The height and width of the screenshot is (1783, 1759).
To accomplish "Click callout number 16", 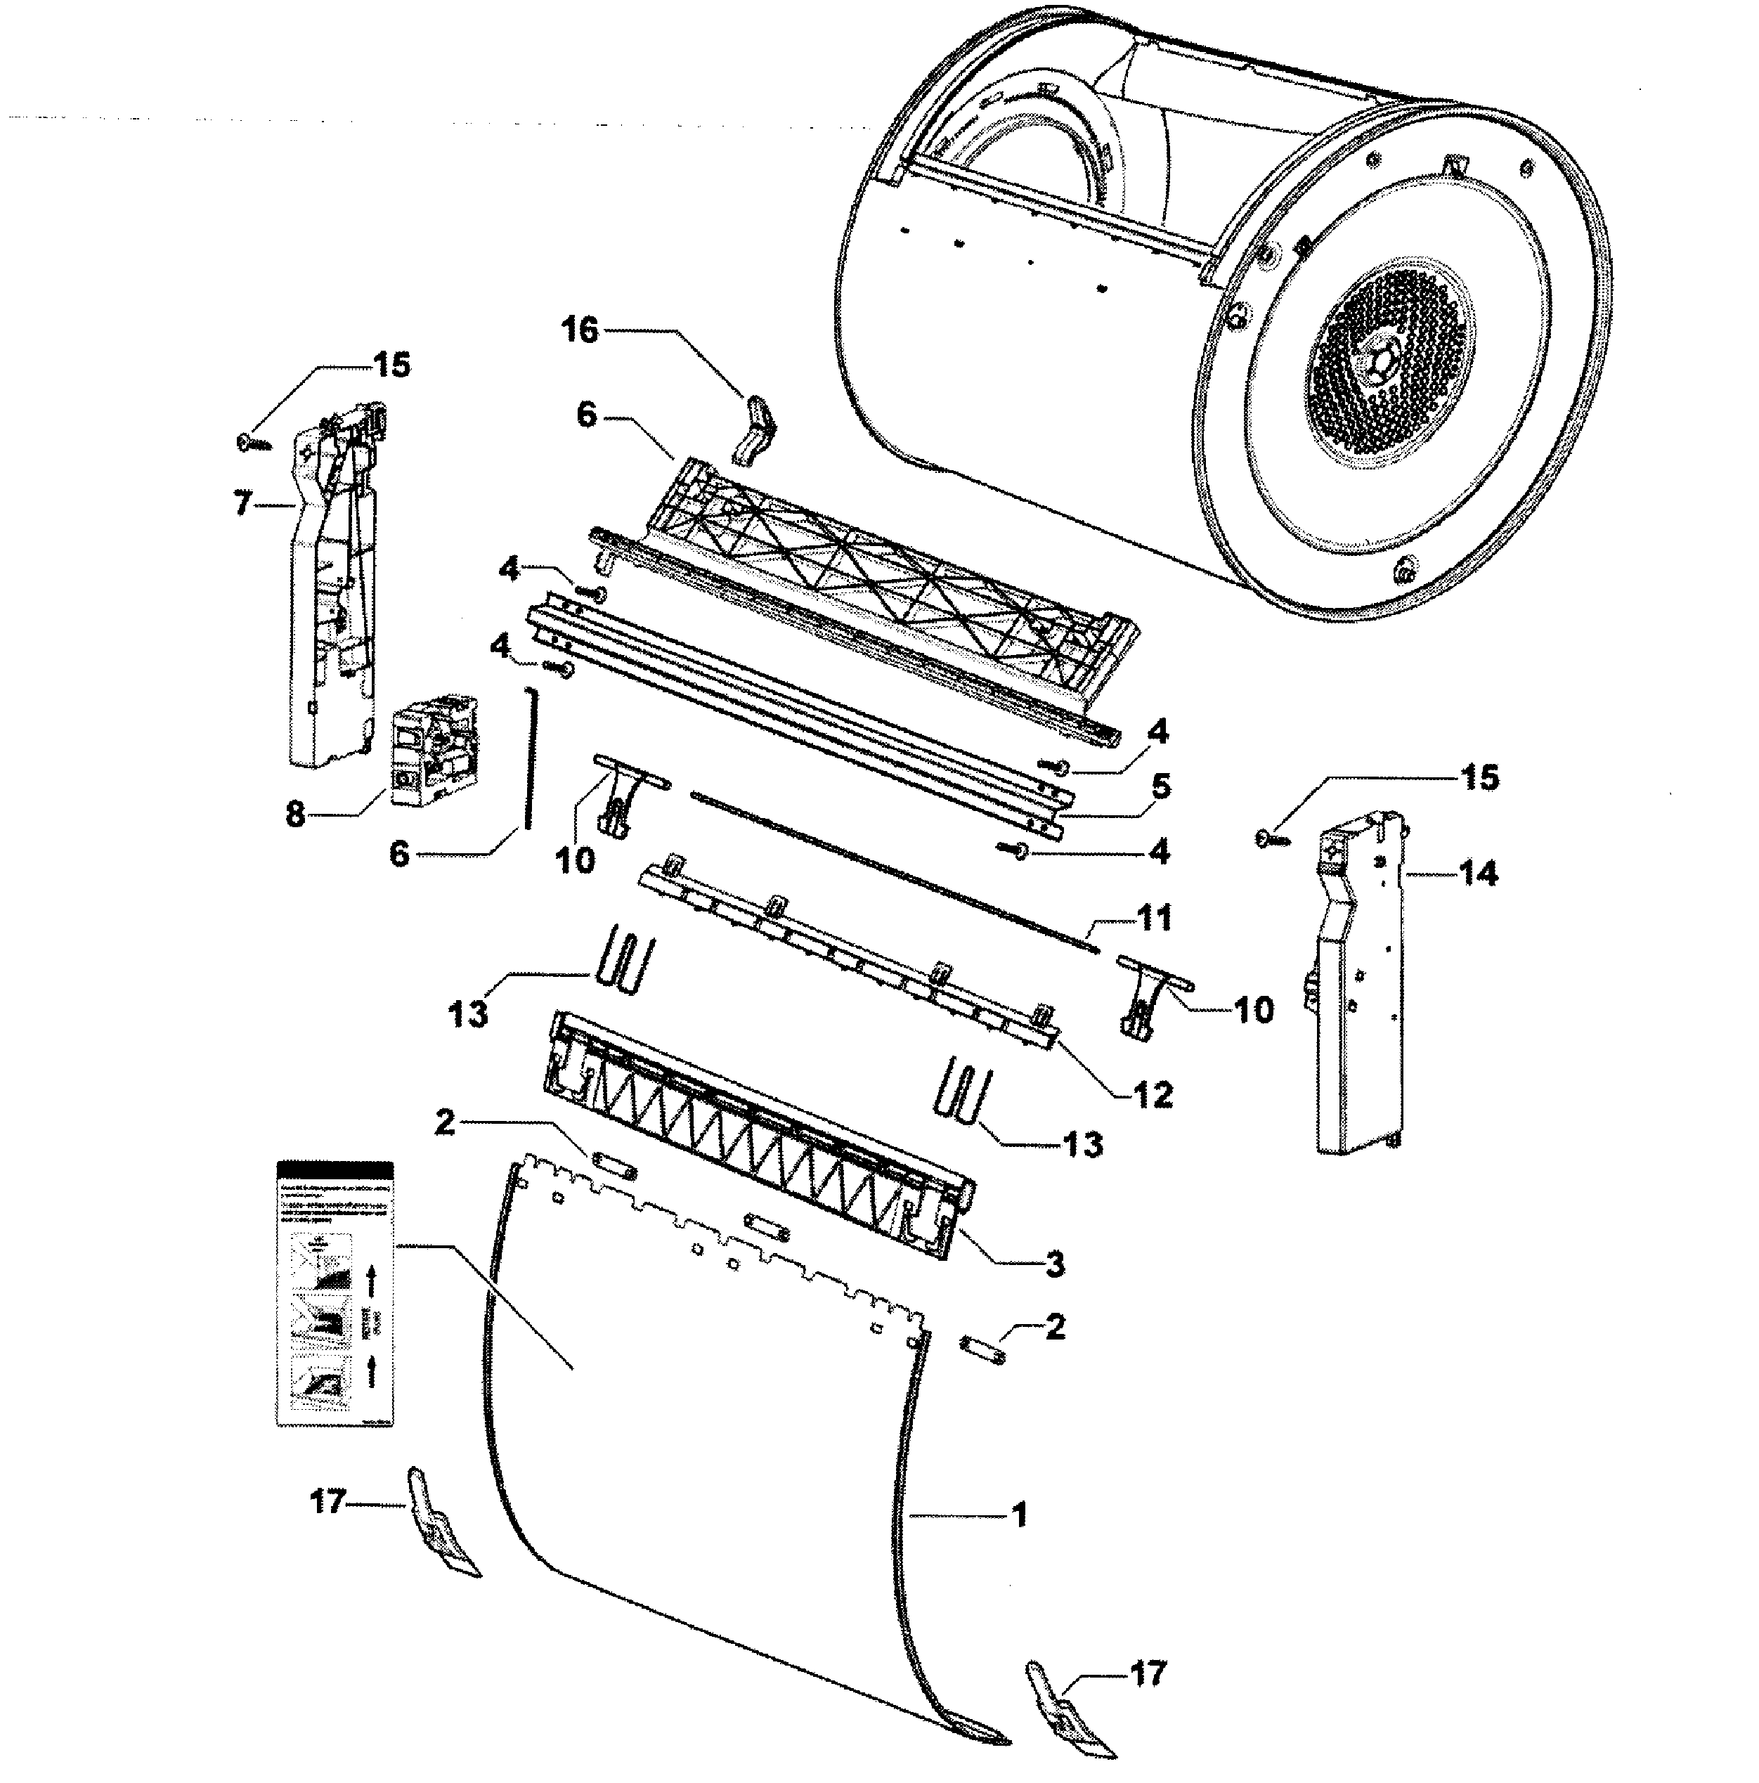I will pyautogui.click(x=580, y=330).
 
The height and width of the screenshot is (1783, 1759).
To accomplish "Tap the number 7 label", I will pyautogui.click(x=242, y=504).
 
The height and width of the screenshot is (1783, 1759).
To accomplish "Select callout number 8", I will pyautogui.click(x=295, y=814).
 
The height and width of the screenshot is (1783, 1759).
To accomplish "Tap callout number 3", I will pyautogui.click(x=1055, y=1264).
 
